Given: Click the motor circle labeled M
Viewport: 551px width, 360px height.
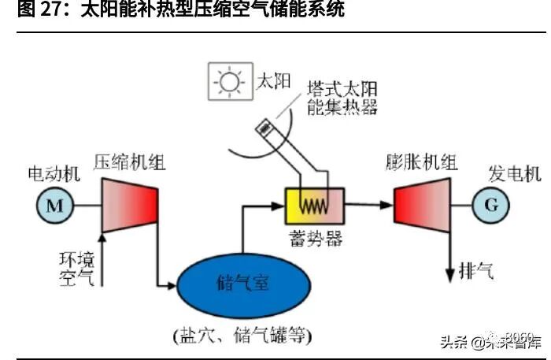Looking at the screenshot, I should pos(54,206).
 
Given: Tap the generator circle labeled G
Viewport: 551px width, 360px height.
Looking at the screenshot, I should pos(491,206).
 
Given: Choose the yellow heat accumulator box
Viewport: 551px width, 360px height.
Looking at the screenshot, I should pos(315,208).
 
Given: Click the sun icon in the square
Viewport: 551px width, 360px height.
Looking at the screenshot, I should pos(230,82).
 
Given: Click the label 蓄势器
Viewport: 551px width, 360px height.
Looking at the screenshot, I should pos(315,239).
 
